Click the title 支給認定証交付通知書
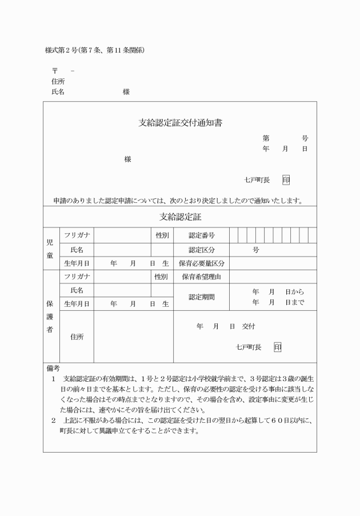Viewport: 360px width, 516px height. (180, 122)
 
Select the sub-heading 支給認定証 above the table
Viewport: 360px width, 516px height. (180, 217)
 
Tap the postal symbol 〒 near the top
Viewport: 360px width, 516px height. (55, 70)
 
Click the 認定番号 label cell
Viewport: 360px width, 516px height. (201, 235)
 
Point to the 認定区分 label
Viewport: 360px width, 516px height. (201, 250)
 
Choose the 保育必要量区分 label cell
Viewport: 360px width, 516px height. (201, 263)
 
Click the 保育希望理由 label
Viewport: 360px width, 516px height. (201, 277)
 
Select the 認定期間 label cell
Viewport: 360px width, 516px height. (201, 297)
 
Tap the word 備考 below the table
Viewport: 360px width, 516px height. (53, 369)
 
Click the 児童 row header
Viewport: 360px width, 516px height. (50, 249)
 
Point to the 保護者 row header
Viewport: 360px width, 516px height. (50, 317)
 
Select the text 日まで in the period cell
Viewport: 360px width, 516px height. (295, 302)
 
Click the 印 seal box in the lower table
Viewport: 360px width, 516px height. (277, 347)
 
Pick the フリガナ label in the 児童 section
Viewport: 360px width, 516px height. (76, 235)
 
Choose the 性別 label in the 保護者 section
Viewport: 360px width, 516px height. (161, 277)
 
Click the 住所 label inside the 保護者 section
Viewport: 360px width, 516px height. (77, 337)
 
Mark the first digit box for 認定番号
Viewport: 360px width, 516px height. (234, 235)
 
